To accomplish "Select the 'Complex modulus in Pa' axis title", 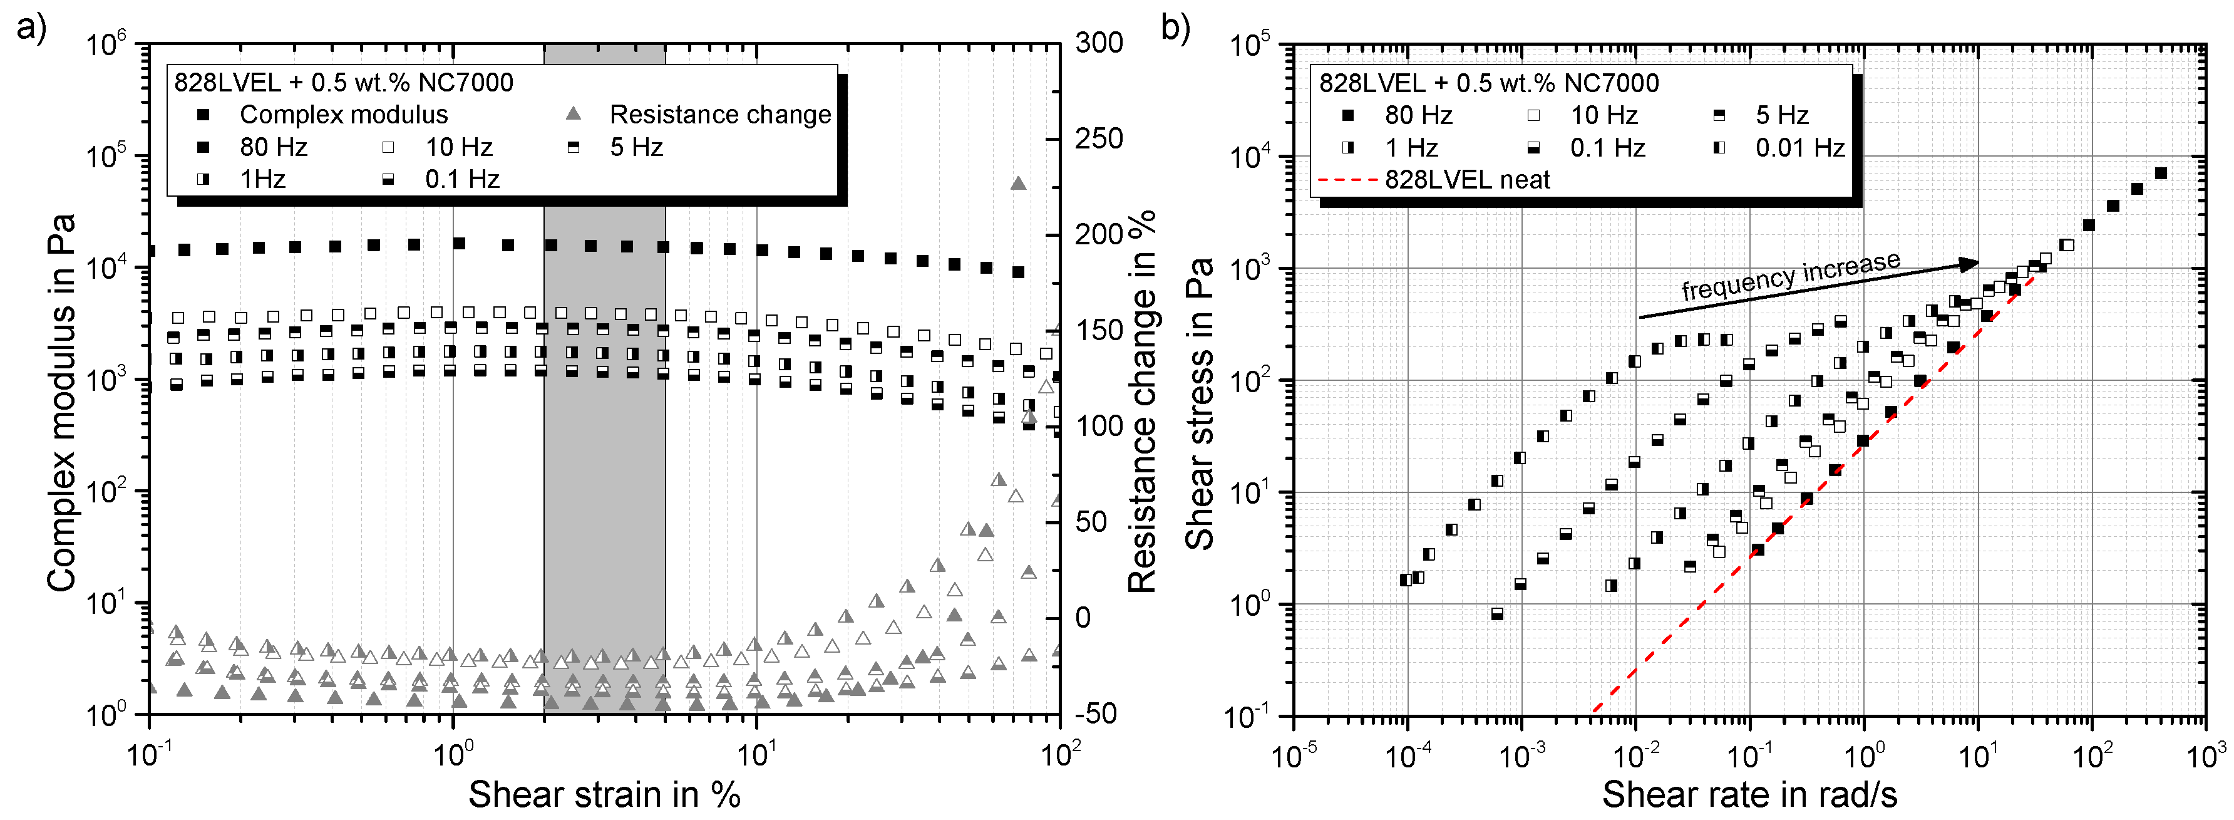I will [x=61, y=403].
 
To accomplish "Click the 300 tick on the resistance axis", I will [x=1099, y=43].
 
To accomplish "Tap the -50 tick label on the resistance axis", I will [x=1096, y=714].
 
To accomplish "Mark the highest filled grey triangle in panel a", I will [x=1018, y=183].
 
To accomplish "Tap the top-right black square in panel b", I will [x=2160, y=174].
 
